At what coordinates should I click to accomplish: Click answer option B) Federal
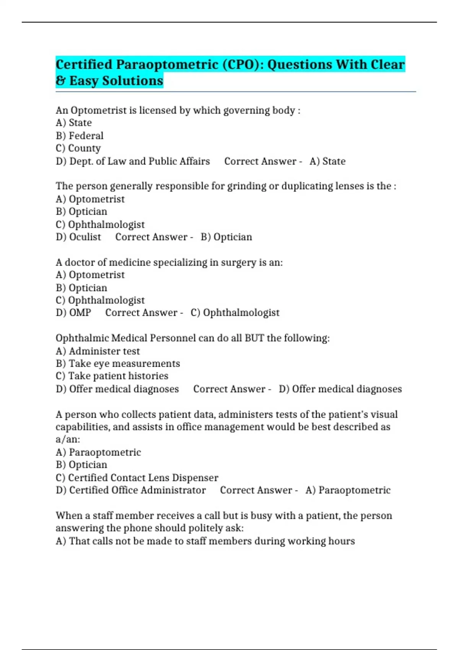coord(80,136)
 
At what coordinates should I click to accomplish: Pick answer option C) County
coord(78,148)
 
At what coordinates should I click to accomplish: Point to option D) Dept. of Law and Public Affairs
coord(133,161)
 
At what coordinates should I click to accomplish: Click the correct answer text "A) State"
coord(327,161)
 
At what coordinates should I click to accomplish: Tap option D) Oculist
coord(78,237)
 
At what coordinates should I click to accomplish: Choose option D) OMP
coord(73,313)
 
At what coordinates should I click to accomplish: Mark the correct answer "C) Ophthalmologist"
coord(235,313)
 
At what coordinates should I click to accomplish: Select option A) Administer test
coord(98,351)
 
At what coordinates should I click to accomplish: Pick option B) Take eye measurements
coord(118,364)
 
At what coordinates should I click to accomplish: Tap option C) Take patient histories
coord(112,376)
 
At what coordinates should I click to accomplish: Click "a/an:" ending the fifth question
coord(68,439)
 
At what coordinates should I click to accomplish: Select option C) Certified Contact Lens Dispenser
coord(137,478)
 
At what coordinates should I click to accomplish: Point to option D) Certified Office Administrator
coord(130,490)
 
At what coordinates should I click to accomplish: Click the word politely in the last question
coord(203,528)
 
